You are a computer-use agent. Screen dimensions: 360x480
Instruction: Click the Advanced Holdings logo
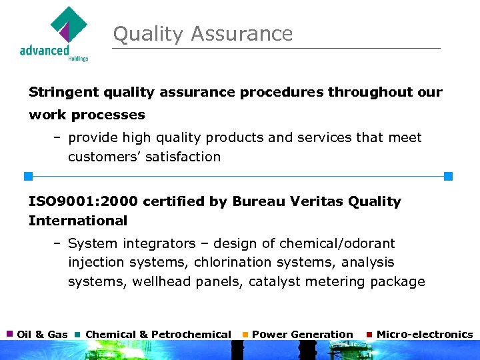point(55,34)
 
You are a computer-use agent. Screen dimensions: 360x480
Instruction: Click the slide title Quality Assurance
point(203,34)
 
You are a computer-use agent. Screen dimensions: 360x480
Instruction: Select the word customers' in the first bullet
point(103,157)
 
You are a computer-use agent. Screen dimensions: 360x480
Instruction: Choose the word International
point(78,221)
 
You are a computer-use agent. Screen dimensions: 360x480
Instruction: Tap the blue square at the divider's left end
point(28,176)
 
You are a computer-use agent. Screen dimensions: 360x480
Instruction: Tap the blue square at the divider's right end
point(448,176)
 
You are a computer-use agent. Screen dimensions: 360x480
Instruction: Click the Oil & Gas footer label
point(42,334)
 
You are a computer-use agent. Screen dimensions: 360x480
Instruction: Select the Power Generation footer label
point(303,334)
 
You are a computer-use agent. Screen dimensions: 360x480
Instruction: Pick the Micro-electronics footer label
point(425,334)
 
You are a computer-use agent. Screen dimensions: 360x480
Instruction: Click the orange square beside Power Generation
point(245,333)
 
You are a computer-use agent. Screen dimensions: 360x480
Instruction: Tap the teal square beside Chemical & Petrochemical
point(78,333)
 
